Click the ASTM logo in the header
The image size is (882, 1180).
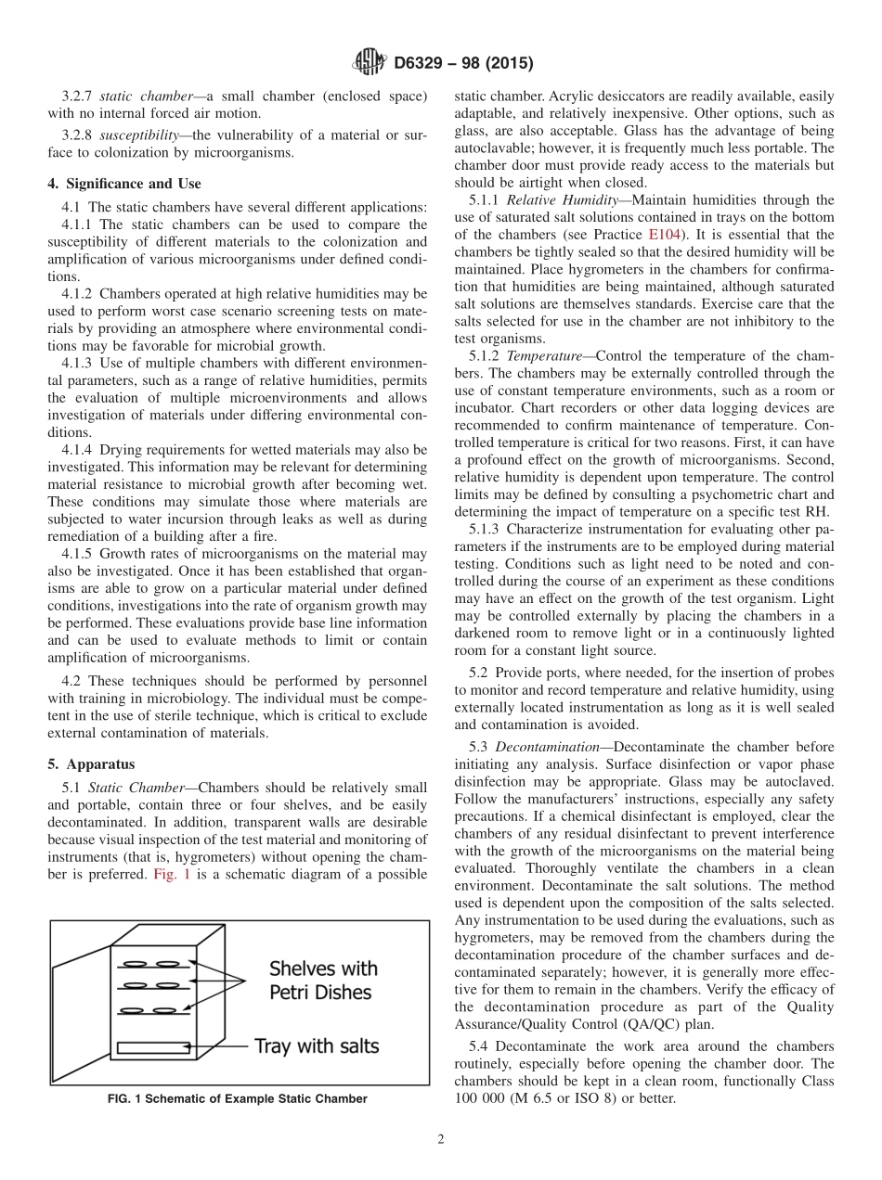tap(369, 63)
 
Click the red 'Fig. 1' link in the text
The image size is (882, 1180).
tap(171, 874)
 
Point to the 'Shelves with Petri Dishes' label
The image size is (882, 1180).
tap(322, 981)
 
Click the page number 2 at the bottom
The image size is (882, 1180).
tap(441, 1140)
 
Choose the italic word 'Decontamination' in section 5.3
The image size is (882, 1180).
tap(549, 747)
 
